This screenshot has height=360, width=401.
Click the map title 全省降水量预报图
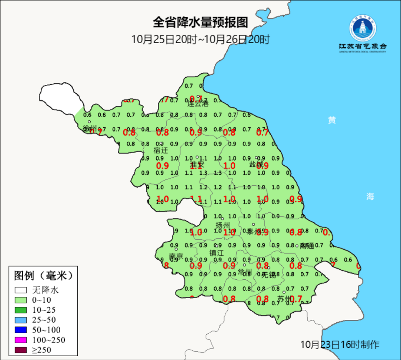200,22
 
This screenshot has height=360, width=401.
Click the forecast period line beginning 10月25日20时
200,40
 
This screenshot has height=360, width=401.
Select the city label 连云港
198,104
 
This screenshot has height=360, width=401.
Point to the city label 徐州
90,128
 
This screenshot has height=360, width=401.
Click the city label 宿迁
160,150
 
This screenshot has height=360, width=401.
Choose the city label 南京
176,256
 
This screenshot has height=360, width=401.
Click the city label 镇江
217,253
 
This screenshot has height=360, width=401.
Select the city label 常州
245,272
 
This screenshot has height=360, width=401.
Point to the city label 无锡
269,275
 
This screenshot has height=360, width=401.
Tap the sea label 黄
332,120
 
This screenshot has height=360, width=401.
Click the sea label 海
370,197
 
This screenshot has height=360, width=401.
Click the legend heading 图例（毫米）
43,276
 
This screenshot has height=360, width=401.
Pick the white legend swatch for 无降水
20,290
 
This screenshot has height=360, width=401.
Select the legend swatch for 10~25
20,310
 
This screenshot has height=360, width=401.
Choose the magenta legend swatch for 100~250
20,340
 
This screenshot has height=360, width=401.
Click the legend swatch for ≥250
20,350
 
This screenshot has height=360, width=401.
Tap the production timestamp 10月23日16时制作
340,345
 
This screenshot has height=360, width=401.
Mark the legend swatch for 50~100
20,330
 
